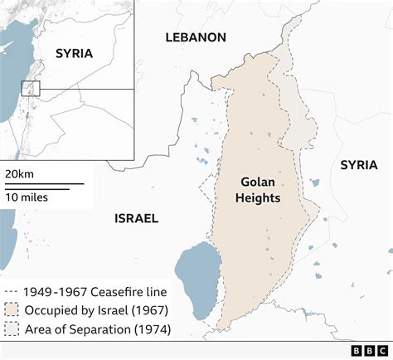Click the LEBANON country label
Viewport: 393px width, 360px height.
point(196,37)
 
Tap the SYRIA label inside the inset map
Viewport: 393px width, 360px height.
point(75,53)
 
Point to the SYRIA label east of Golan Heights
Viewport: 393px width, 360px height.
point(358,165)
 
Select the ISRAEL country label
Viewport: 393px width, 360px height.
point(136,218)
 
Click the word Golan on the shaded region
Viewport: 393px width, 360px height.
point(258,181)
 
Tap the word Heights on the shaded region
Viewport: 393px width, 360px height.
point(258,199)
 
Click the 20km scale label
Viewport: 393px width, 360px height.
point(20,173)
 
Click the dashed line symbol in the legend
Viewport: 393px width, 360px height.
point(12,291)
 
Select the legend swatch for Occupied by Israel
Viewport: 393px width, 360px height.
point(12,310)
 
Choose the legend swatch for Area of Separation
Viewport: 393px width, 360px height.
point(12,330)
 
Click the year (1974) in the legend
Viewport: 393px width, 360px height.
point(154,330)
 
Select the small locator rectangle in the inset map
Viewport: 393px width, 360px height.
point(31,88)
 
